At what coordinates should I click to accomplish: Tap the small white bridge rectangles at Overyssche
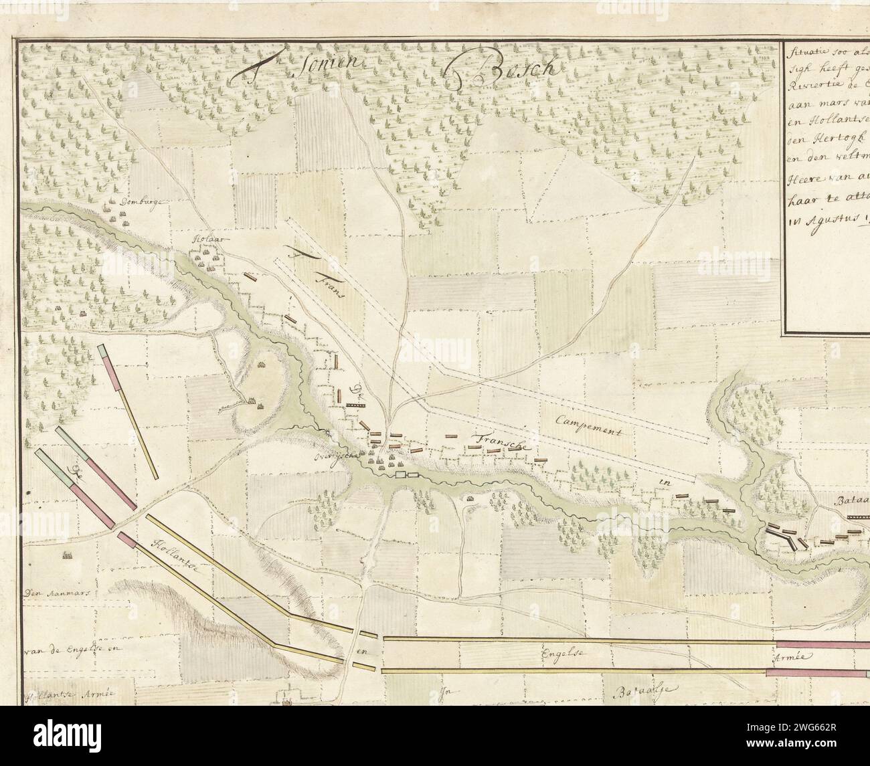pos(407,474)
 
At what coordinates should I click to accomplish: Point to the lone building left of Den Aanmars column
pos(66,555)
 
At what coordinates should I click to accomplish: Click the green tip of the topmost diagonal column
pos(102,351)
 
